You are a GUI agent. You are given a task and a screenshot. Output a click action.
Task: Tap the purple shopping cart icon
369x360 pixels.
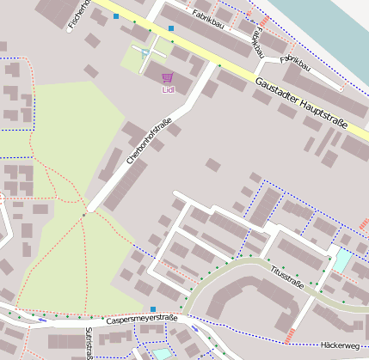167,77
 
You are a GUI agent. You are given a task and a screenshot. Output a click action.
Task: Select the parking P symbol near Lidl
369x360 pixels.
145,52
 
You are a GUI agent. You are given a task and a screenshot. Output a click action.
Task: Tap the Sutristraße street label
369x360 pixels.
89,342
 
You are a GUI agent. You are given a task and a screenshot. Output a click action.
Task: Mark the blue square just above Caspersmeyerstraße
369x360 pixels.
153,308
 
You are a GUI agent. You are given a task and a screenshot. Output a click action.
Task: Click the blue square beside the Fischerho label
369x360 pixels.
116,15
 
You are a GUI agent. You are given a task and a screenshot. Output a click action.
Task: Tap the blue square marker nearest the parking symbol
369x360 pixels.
171,28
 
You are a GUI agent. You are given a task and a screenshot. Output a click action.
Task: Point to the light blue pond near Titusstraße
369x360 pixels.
341,260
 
